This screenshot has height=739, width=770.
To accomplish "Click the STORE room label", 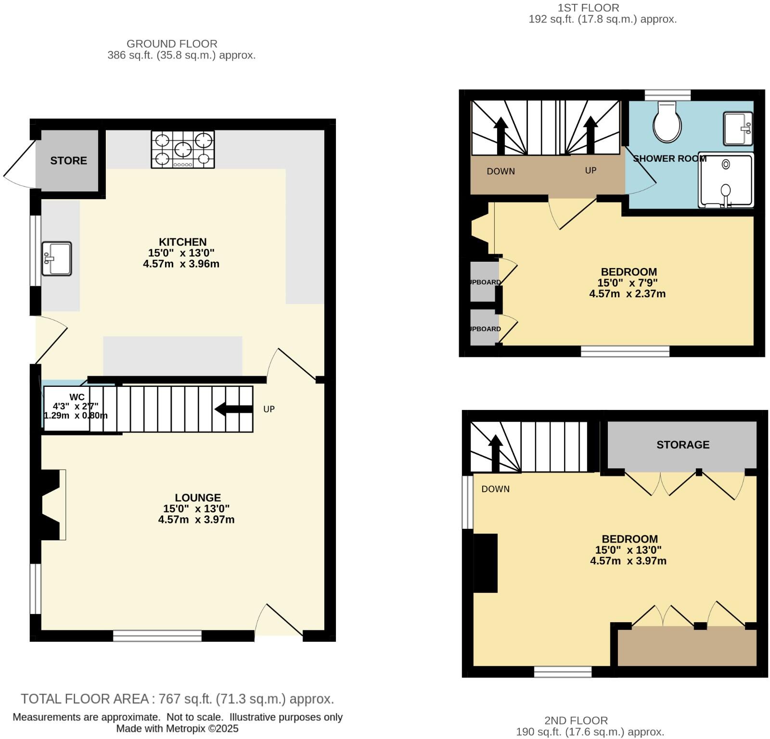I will [x=68, y=161].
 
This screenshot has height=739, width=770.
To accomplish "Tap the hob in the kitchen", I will [x=183, y=149].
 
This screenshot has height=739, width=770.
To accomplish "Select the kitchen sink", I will [x=56, y=258].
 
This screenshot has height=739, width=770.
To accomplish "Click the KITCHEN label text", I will [x=182, y=242].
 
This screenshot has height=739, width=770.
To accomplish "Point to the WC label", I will [x=77, y=397].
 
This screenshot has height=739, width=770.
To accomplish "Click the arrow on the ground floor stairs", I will [x=234, y=409].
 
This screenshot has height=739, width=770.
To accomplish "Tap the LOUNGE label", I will [x=198, y=497].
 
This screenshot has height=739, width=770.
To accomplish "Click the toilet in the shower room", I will [x=667, y=122].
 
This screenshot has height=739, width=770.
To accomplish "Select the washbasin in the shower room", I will [x=738, y=128].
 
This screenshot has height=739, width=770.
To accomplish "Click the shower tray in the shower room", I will [x=726, y=180].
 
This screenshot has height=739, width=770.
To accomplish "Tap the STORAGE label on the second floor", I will [x=682, y=445].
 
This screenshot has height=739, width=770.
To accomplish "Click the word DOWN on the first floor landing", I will [x=500, y=171].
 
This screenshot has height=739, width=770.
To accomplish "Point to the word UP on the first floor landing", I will [x=590, y=170].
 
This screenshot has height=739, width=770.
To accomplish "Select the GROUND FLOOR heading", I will [x=172, y=44].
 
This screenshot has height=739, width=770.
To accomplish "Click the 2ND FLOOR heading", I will [x=576, y=720].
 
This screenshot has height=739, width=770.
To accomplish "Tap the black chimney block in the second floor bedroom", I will [x=485, y=563].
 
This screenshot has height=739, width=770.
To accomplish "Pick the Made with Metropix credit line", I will [x=177, y=728].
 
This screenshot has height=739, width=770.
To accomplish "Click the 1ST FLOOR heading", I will [x=588, y=8].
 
